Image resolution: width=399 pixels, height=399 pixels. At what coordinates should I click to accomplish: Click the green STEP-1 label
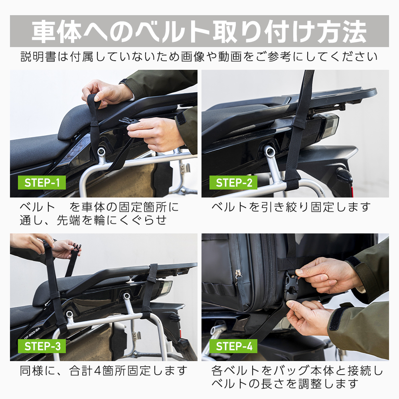click(x=42, y=183)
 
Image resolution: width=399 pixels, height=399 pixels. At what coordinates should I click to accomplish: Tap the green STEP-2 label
click(x=233, y=183)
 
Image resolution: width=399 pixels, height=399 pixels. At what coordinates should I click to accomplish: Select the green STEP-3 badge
click(x=42, y=346)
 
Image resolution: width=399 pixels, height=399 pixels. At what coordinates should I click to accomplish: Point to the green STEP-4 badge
click(x=233, y=346)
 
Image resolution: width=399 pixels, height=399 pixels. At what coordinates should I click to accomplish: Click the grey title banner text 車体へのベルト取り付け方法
click(x=199, y=31)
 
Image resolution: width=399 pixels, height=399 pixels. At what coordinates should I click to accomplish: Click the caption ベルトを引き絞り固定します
click(x=291, y=207)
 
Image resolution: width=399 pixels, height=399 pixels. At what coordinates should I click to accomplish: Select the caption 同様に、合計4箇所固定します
click(x=103, y=371)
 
